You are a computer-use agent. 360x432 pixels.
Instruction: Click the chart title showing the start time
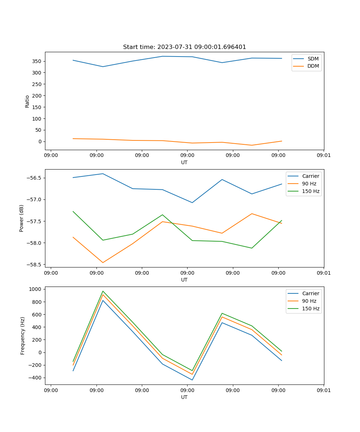pyautogui.click(x=184, y=47)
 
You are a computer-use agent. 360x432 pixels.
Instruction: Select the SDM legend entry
pyautogui.click(x=312, y=59)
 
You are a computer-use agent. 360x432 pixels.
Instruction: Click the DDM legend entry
pyautogui.click(x=313, y=66)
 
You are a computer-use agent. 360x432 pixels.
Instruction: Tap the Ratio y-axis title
pyautogui.click(x=27, y=101)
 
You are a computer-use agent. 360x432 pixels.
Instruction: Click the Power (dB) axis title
pyautogui.click(x=22, y=218)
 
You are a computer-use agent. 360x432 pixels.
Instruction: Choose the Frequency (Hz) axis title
pyautogui.click(x=23, y=336)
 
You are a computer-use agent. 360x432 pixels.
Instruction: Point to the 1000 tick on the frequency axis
pyautogui.click(x=35, y=289)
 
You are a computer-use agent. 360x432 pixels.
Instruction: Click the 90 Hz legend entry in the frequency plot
pyautogui.click(x=309, y=301)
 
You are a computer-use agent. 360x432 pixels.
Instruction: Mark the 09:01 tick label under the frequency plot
pyautogui.click(x=324, y=390)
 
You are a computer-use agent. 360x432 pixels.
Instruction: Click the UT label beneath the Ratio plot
pyautogui.click(x=184, y=162)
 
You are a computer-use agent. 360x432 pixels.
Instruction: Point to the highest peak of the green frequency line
pyautogui.click(x=103, y=291)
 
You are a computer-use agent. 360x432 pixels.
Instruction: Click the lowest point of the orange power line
pyautogui.click(x=103, y=262)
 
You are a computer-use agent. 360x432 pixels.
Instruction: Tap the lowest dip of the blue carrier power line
pyautogui.click(x=192, y=203)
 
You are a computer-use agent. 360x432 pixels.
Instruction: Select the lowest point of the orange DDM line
pyautogui.click(x=252, y=145)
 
